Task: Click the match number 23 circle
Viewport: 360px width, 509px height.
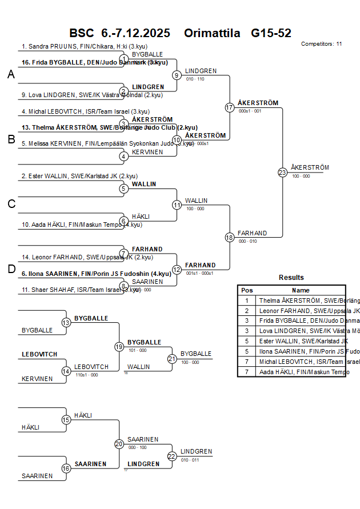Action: pyautogui.click(x=282, y=172)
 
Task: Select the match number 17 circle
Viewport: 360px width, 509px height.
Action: pyautogui.click(x=230, y=107)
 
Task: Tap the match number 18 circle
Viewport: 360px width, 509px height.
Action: pyautogui.click(x=230, y=237)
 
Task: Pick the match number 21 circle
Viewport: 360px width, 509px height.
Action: pyautogui.click(x=172, y=359)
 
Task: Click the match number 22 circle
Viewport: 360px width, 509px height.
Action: pyautogui.click(x=172, y=456)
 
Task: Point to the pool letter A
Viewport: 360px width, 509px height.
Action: pyautogui.click(x=11, y=75)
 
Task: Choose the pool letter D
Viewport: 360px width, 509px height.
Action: pyautogui.click(x=11, y=269)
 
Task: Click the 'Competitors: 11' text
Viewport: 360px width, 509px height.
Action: pyautogui.click(x=321, y=43)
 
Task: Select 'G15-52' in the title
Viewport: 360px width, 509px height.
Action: pyautogui.click(x=271, y=33)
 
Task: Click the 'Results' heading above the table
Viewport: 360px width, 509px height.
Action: pyautogui.click(x=291, y=278)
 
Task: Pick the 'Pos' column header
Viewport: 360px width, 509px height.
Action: pyautogui.click(x=247, y=290)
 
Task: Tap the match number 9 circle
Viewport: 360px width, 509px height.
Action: pyautogui.click(x=177, y=75)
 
